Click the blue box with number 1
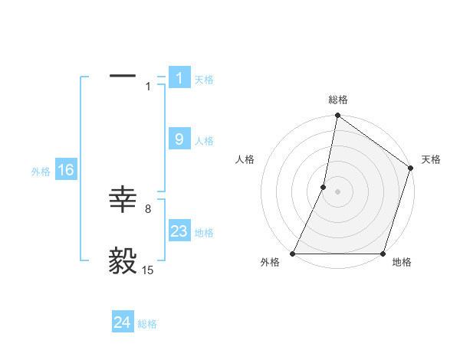coord(179,78)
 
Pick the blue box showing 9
coord(179,139)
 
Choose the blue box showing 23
coord(179,231)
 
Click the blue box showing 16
coord(65,170)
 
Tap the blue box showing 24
coord(123,322)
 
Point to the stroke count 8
coord(148,208)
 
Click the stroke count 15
coord(147,270)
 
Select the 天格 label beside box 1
coord(204,79)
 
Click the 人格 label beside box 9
coord(204,140)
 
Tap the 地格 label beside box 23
coord(204,232)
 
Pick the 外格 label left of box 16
coord(41,172)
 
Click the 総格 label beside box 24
coord(147,324)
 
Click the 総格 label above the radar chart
coord(338,100)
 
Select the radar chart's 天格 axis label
coord(431,159)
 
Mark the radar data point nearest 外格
coord(293,254)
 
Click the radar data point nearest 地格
coord(383,254)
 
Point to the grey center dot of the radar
coord(337,191)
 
